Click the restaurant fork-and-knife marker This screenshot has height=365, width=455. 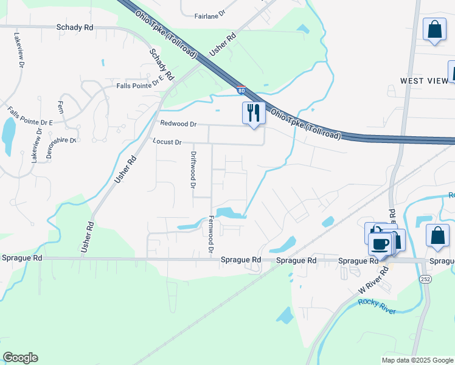point(254,113)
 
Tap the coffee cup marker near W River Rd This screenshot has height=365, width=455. point(380,245)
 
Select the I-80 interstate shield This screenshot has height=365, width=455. point(241,91)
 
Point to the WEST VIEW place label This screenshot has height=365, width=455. point(423,81)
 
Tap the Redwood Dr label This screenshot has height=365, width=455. point(178,123)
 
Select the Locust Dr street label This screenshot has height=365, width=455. point(167,142)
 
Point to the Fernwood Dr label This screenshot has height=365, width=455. point(212,234)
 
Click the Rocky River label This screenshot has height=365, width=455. point(377,307)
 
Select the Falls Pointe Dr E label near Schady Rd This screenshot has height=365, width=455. point(140,85)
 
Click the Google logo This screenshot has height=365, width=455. point(20,358)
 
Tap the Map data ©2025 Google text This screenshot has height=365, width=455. point(417,360)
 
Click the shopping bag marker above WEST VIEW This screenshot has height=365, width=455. point(435,30)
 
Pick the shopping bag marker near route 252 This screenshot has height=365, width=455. point(437,236)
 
